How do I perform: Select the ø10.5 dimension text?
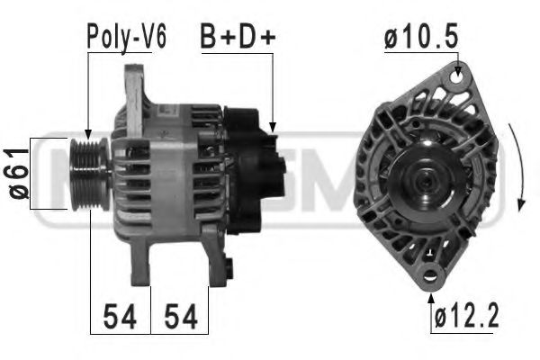[x=421, y=37]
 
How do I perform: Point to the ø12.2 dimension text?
[x=467, y=317]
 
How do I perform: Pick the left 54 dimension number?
[x=120, y=317]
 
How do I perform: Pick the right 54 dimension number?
[x=179, y=317]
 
